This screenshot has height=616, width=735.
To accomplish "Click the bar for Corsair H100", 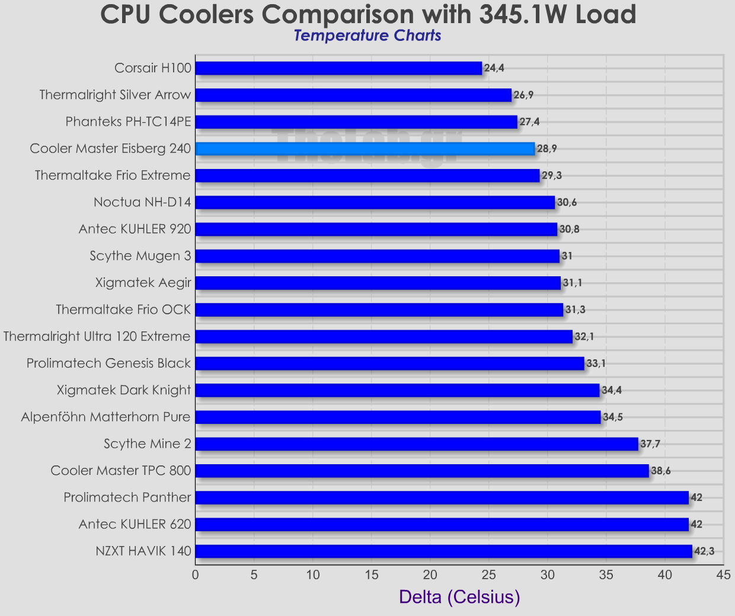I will pos(338,68).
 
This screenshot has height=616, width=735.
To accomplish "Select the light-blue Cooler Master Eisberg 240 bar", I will pos(365,149).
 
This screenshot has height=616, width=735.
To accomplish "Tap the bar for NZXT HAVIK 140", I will pos(443,551).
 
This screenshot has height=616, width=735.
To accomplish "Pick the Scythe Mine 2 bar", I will pos(416,444).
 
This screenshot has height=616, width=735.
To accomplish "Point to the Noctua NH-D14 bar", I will pos(375,203).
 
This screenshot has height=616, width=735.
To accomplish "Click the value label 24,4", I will pos(494,68).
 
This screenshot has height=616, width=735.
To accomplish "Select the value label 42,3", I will pos(704,551).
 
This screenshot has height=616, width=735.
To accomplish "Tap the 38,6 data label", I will pos(661,471).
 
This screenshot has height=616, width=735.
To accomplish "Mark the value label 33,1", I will pos(596,363).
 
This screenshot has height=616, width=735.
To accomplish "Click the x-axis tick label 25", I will pos(488,574).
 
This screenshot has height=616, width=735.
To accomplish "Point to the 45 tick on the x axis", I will pos(723,574).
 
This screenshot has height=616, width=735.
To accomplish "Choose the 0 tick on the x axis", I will pos(195,574).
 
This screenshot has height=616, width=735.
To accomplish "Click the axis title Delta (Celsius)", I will pos(459,596).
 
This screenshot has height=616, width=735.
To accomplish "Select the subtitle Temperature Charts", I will pos(367,36).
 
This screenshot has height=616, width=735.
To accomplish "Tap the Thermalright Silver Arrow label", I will pos(115,95).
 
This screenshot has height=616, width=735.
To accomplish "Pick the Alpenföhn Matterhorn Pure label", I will pos(106,417).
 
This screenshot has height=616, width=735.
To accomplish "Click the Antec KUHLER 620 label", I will pos(135,525).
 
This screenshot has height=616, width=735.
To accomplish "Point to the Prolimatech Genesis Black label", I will pos(108,363).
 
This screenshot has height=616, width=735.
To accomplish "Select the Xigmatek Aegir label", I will pos(143,283).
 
